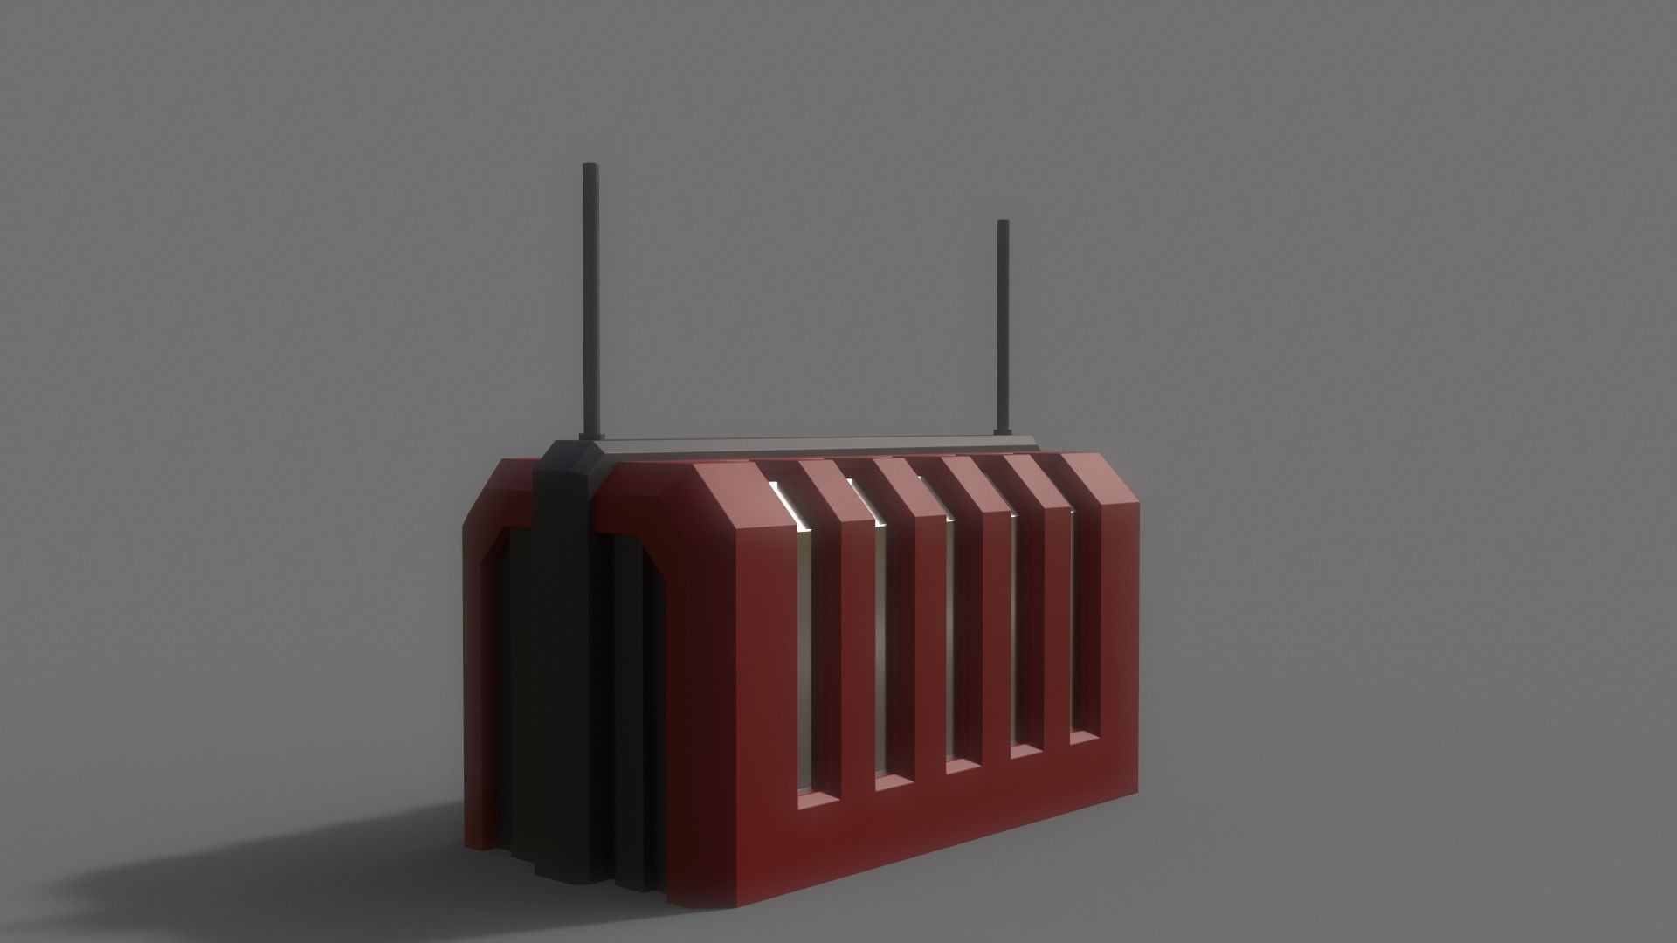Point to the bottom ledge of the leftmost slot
pos(817,797)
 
